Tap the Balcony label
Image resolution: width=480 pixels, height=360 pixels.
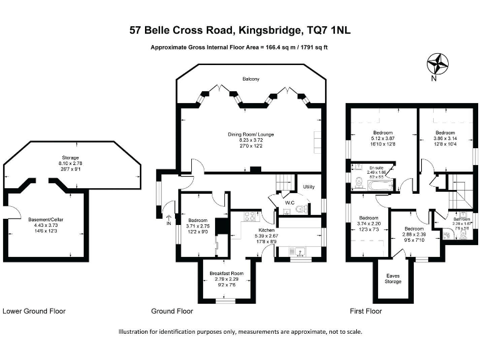tap(251, 79)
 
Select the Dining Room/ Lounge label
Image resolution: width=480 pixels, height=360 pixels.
tap(251, 133)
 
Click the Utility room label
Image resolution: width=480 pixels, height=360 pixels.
tap(309, 187)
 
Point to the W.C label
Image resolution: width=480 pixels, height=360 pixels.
tap(289, 202)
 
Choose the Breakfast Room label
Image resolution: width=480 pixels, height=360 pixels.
tap(226, 274)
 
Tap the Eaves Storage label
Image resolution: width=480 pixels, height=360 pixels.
tap(393, 278)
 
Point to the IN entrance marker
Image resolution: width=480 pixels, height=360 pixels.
tap(169, 222)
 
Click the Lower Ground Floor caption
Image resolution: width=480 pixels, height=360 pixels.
tap(34, 311)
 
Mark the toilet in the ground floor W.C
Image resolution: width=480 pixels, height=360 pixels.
tap(301, 209)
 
